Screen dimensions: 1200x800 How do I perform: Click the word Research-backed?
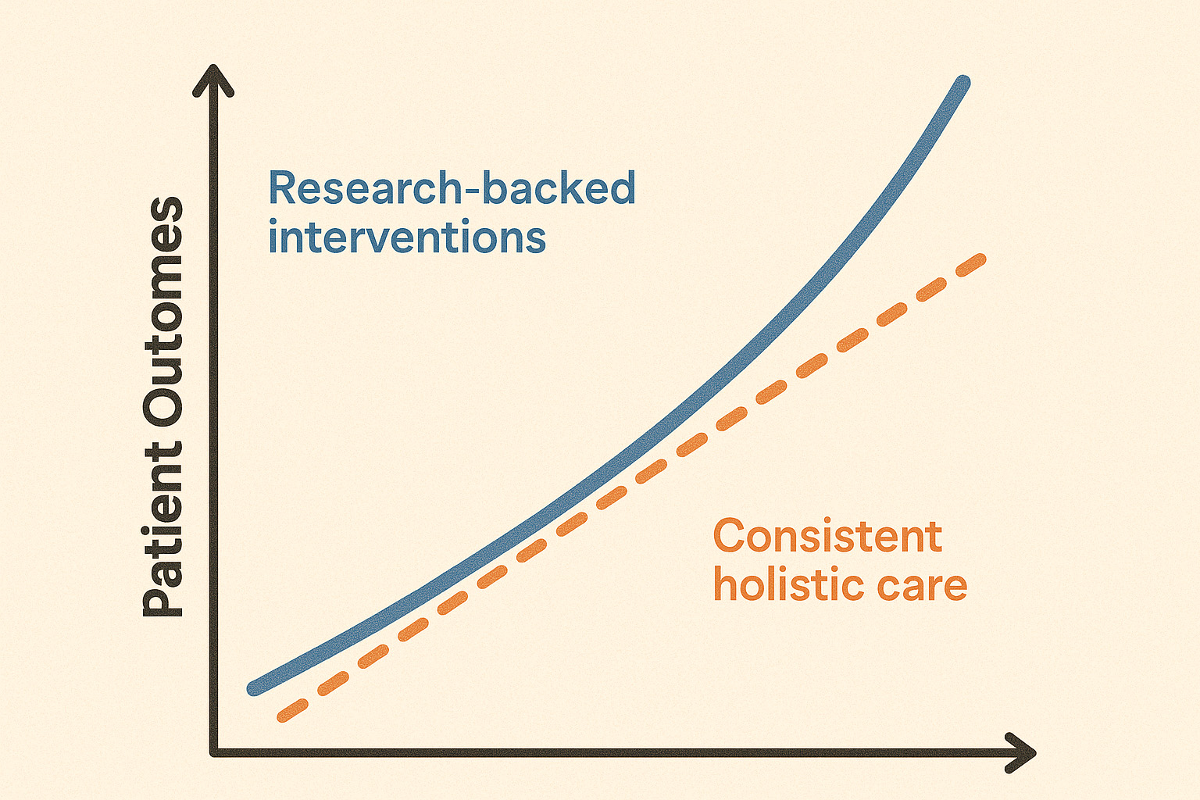[452, 187]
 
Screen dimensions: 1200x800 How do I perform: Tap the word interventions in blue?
[407, 236]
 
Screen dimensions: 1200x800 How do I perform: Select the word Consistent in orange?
[827, 536]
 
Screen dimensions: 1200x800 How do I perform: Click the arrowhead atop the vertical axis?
[213, 80]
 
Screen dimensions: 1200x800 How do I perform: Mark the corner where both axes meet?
[214, 752]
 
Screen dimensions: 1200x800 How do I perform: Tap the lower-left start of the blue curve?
[255, 688]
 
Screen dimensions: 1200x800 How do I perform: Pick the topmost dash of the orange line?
[971, 266]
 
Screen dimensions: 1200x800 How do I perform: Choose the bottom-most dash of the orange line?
[292, 710]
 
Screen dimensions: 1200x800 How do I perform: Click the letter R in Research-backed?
[282, 187]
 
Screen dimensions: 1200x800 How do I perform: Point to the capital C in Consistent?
[730, 536]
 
